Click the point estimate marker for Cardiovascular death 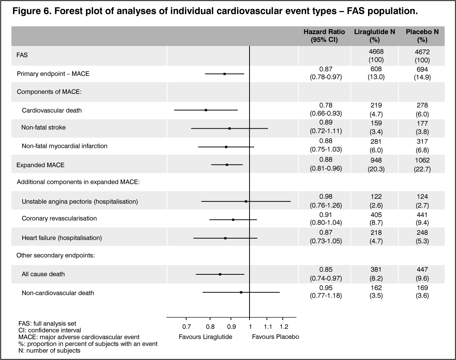pyautogui.click(x=206, y=110)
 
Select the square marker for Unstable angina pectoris pyautogui.click(x=246, y=202)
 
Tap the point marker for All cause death pyautogui.click(x=220, y=274)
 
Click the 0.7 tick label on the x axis pyautogui.click(x=186, y=326)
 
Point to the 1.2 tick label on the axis pyautogui.click(x=284, y=326)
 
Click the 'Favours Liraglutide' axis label pyautogui.click(x=205, y=337)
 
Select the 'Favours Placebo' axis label pyautogui.click(x=276, y=337)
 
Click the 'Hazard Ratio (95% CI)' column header pyautogui.click(x=324, y=36)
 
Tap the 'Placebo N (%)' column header pyautogui.click(x=422, y=36)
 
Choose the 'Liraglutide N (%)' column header pyautogui.click(x=374, y=36)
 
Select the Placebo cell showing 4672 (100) pyautogui.click(x=422, y=55)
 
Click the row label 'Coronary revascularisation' pyautogui.click(x=59, y=218)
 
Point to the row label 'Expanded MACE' pyautogui.click(x=40, y=165)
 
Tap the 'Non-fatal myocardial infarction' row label pyautogui.click(x=65, y=146)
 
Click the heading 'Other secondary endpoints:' pyautogui.click(x=55, y=255)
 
